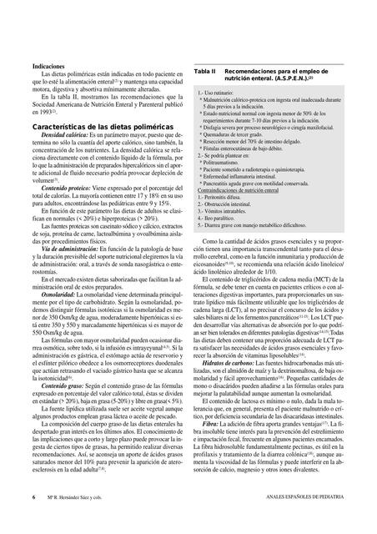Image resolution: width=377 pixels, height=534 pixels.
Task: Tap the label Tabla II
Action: tap(205, 73)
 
